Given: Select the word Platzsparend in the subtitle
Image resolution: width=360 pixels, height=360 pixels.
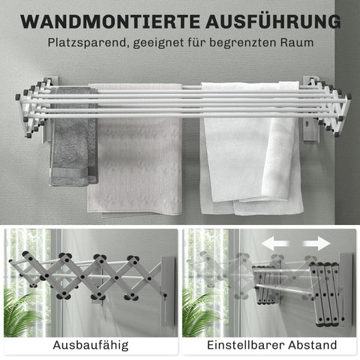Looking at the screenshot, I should pyautogui.click(x=84, y=44).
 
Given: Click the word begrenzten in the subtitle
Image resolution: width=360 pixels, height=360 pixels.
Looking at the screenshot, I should pyautogui.click(x=242, y=44).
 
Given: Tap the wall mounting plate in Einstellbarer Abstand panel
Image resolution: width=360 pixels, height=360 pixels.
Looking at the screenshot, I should pyautogui.click(x=345, y=289).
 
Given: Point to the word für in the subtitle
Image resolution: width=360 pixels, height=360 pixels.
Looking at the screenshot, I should pyautogui.click(x=193, y=44).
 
